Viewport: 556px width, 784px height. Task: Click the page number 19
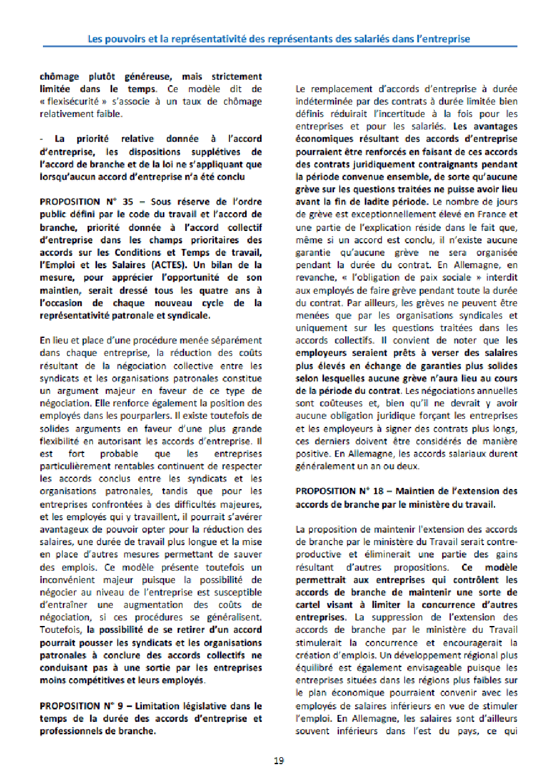point(279,760)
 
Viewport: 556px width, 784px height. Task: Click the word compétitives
point(95,679)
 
